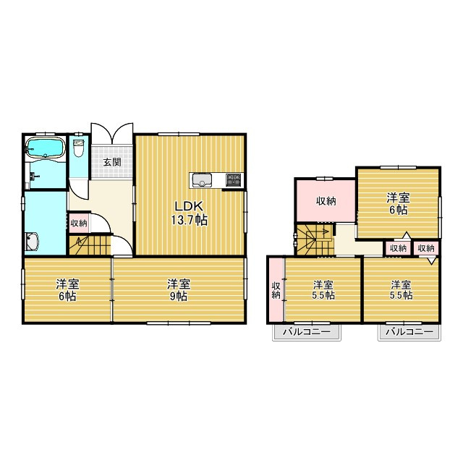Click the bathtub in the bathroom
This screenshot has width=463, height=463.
(46, 150)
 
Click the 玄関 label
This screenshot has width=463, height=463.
(111, 161)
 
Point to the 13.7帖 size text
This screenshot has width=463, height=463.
(190, 220)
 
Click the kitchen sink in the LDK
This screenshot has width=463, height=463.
(201, 179)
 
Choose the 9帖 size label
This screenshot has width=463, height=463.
(179, 296)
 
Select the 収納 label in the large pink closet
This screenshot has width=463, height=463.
(326, 201)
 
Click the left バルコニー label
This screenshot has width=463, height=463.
(305, 332)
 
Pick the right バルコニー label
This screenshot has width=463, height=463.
(409, 332)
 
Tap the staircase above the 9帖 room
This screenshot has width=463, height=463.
(89, 247)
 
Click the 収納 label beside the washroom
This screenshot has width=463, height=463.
(78, 223)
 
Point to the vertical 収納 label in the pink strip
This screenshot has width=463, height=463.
(276, 290)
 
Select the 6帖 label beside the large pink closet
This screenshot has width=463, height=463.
(396, 209)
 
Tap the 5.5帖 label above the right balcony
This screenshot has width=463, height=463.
(402, 295)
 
